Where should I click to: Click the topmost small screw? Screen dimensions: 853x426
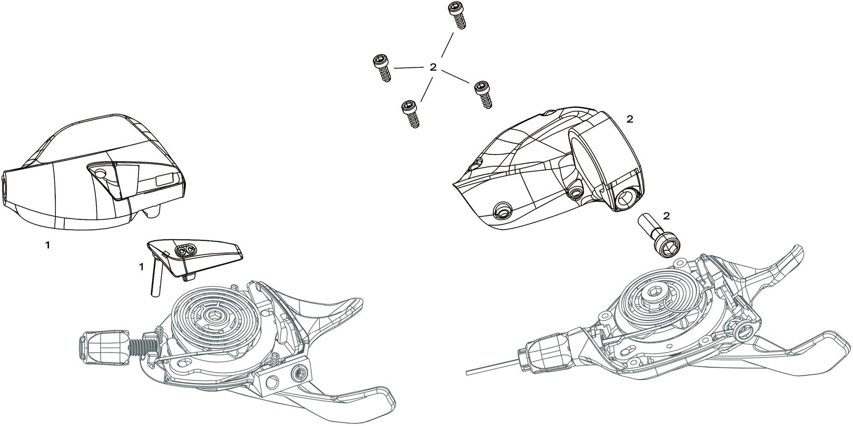(x=457, y=15)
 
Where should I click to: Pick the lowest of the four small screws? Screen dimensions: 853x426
(x=411, y=113)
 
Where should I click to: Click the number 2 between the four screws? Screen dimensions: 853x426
(x=433, y=67)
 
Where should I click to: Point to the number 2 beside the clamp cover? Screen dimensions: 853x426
(x=630, y=119)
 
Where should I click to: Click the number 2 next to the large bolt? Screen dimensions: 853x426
(x=667, y=216)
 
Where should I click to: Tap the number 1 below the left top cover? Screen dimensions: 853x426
(x=48, y=245)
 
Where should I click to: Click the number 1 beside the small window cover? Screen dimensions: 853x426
(x=141, y=267)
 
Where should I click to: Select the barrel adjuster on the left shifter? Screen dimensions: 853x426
(x=104, y=348)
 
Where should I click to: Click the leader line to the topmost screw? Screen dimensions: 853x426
(x=447, y=44)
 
